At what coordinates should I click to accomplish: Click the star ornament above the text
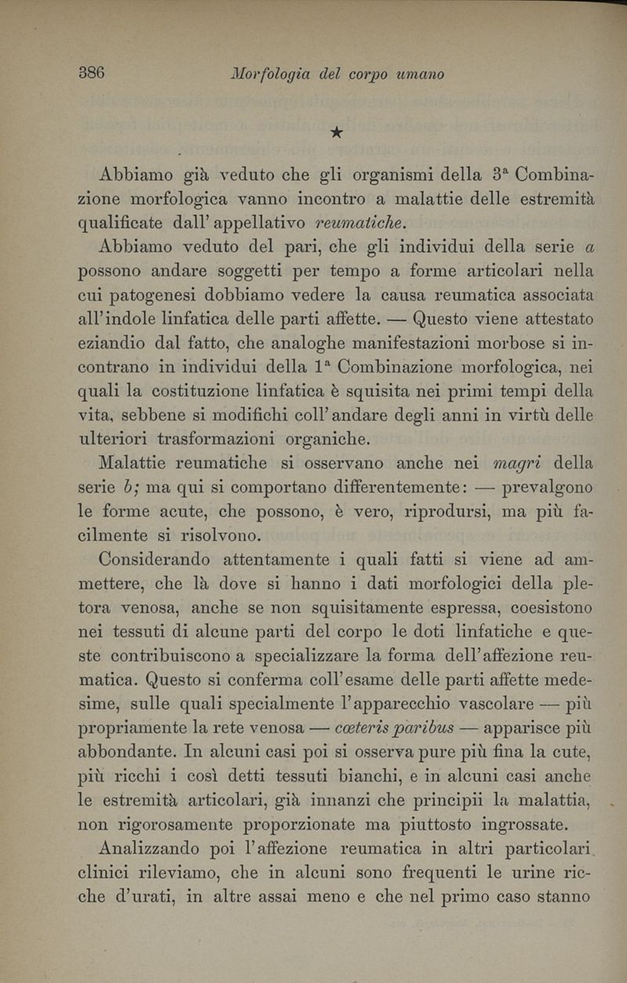point(335,133)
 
